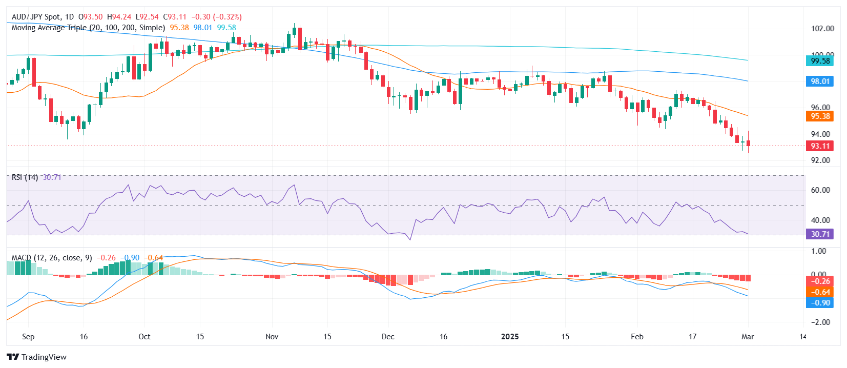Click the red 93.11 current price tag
click(820, 146)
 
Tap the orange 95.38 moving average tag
click(820, 116)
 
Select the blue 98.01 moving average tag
click(820, 81)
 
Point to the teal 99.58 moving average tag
click(820, 61)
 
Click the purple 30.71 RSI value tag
click(820, 234)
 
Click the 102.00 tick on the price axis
click(822, 29)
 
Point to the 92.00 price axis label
click(820, 160)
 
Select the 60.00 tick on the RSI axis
click(820, 190)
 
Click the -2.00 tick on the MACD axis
click(820, 322)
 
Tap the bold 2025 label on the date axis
click(509, 337)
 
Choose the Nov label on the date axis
click(272, 337)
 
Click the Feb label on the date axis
click(637, 337)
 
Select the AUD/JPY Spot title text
click(36, 17)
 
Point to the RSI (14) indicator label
click(25, 177)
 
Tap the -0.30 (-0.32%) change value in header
click(216, 17)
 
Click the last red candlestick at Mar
click(749, 143)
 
